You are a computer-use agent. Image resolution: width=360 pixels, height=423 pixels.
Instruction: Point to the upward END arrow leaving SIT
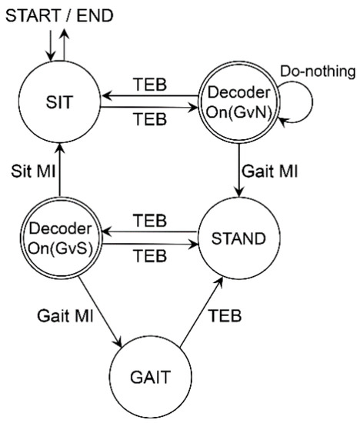[64, 43]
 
